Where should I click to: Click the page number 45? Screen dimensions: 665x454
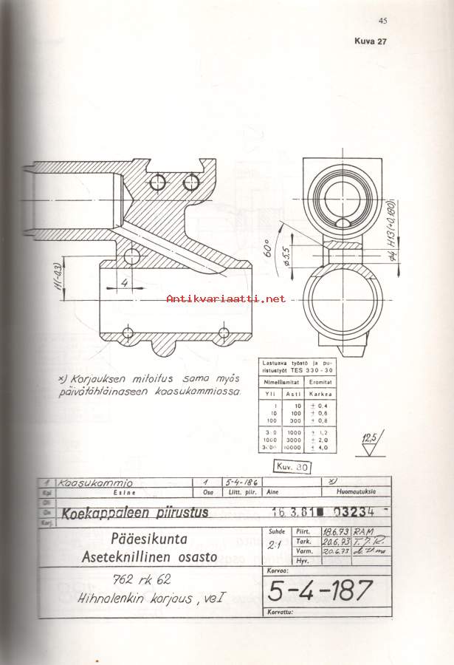(x=382, y=21)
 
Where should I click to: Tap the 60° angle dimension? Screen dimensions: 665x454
(x=282, y=256)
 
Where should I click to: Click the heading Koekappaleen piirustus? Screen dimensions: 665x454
(x=135, y=512)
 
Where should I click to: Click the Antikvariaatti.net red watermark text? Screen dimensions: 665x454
(x=226, y=299)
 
